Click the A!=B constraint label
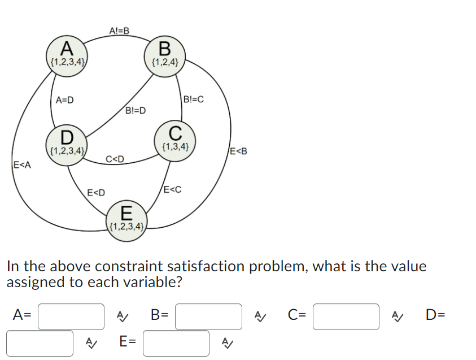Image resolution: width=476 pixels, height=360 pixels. pyautogui.click(x=119, y=30)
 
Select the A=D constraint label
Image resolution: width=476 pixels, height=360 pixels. pyautogui.click(x=65, y=100)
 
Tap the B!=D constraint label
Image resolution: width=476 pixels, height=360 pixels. pyautogui.click(x=136, y=110)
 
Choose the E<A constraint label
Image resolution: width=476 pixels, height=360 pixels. pyautogui.click(x=22, y=165)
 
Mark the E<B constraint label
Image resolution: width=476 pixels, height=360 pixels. pyautogui.click(x=238, y=151)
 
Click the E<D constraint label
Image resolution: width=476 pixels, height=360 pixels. pyautogui.click(x=97, y=194)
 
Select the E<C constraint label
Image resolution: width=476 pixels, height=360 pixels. pyautogui.click(x=172, y=190)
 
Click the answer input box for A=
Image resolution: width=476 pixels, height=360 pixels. pyautogui.click(x=71, y=316)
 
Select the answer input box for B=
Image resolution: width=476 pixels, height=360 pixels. pyautogui.click(x=208, y=316)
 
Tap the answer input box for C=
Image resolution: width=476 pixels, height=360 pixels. pyautogui.click(x=346, y=316)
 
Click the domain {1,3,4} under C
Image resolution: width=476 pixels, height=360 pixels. pyautogui.click(x=175, y=148)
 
